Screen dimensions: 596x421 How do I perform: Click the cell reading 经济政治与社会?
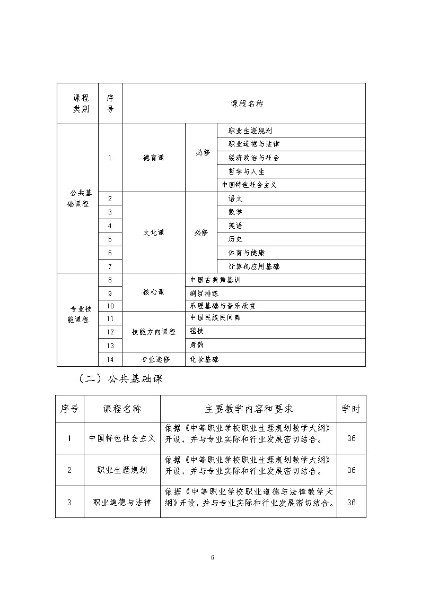(253, 158)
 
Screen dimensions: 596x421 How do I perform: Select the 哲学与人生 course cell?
(246, 171)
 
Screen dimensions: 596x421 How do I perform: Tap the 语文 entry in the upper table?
(235, 198)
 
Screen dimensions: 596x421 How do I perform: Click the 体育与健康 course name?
(246, 253)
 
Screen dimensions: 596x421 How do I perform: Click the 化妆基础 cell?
(204, 359)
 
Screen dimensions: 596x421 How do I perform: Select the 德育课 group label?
(154, 158)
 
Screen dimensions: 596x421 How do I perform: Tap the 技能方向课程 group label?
(154, 332)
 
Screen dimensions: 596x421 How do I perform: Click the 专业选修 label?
(154, 359)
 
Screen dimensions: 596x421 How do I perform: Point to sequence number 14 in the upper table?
(110, 359)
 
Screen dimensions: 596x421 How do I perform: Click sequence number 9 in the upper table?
(110, 293)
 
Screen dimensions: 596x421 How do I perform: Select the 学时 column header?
(351, 409)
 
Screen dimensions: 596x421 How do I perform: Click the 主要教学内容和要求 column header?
(249, 409)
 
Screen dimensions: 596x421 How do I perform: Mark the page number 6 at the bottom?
(212, 557)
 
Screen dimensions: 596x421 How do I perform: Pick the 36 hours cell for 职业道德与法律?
(351, 502)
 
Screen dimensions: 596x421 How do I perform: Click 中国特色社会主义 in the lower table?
(122, 438)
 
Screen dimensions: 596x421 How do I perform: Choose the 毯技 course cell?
(197, 331)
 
